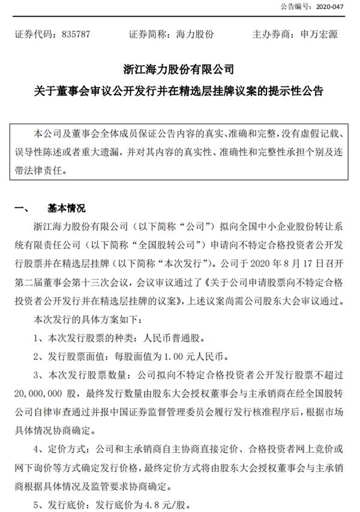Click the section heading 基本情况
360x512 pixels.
pyautogui.click(x=66, y=209)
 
